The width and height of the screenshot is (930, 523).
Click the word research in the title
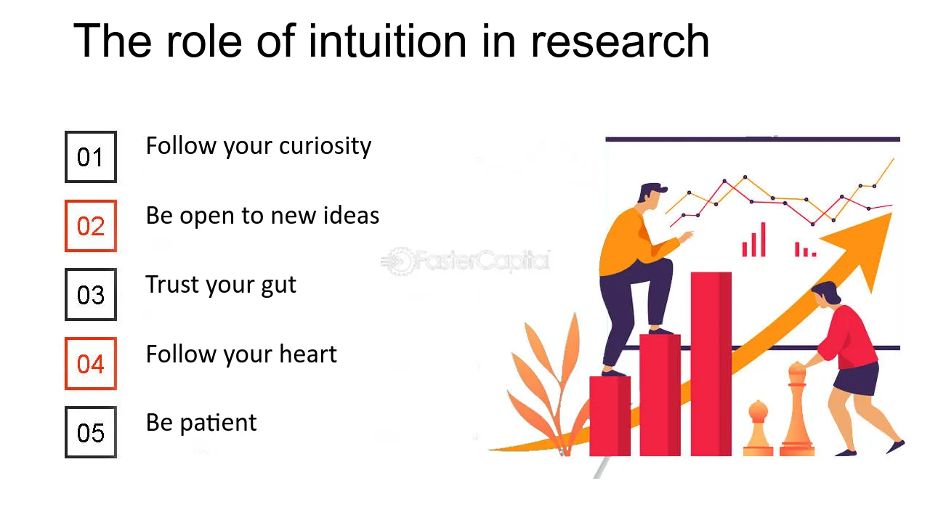620,42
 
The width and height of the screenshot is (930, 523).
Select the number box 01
91,157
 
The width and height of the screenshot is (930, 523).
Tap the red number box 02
91,226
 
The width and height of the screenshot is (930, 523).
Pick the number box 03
91,295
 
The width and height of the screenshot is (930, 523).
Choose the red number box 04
91,364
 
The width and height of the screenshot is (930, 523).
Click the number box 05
91,433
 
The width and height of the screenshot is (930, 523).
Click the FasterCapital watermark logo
465,260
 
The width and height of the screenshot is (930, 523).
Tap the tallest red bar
711,363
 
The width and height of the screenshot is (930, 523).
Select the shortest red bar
609,415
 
